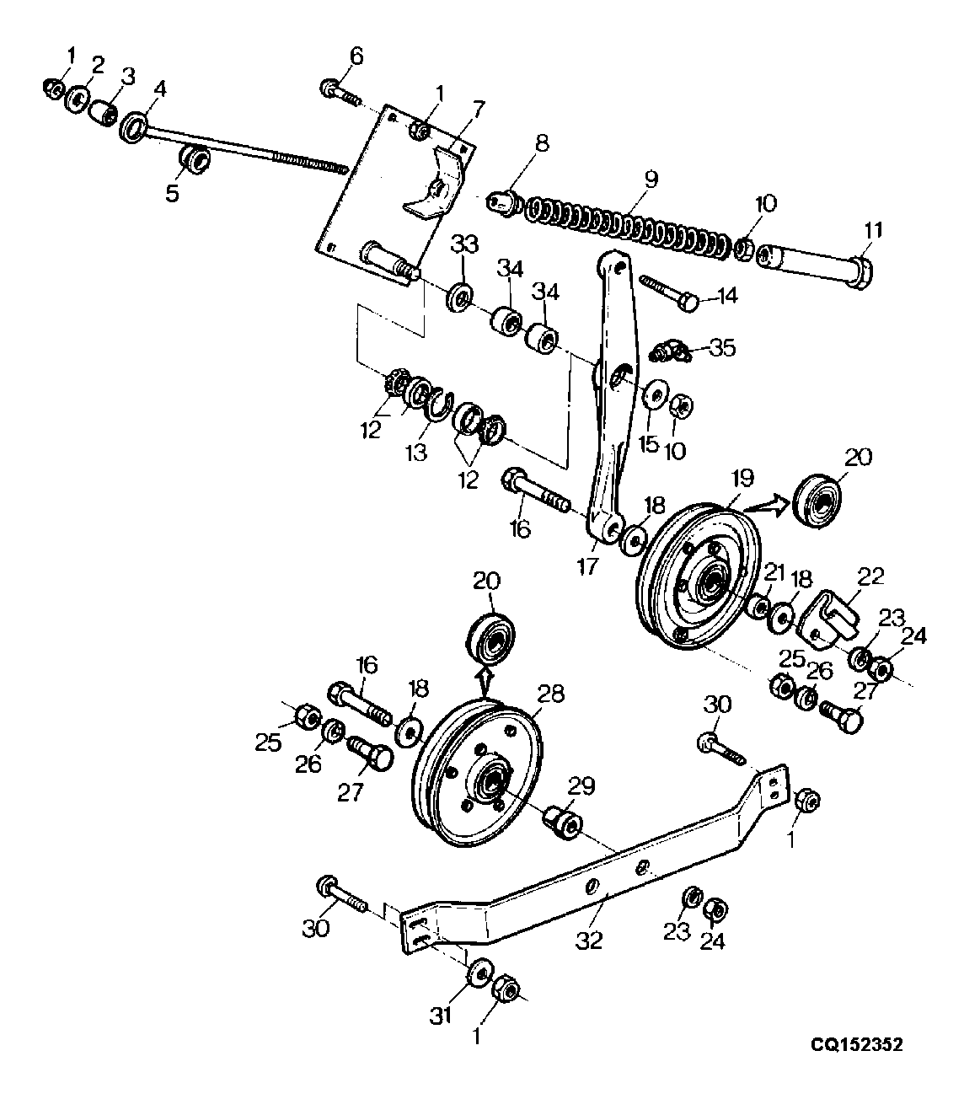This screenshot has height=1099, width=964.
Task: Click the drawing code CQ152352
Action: click(857, 1045)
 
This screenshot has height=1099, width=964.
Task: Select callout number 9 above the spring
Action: click(651, 179)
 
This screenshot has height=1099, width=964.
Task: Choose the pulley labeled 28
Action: click(478, 775)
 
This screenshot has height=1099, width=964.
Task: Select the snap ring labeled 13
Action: click(439, 406)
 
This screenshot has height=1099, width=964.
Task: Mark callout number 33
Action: click(464, 244)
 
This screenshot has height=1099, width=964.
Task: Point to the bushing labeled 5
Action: click(194, 159)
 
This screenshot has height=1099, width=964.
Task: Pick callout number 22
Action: click(870, 576)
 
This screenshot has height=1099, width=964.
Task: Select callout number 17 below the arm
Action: click(587, 566)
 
